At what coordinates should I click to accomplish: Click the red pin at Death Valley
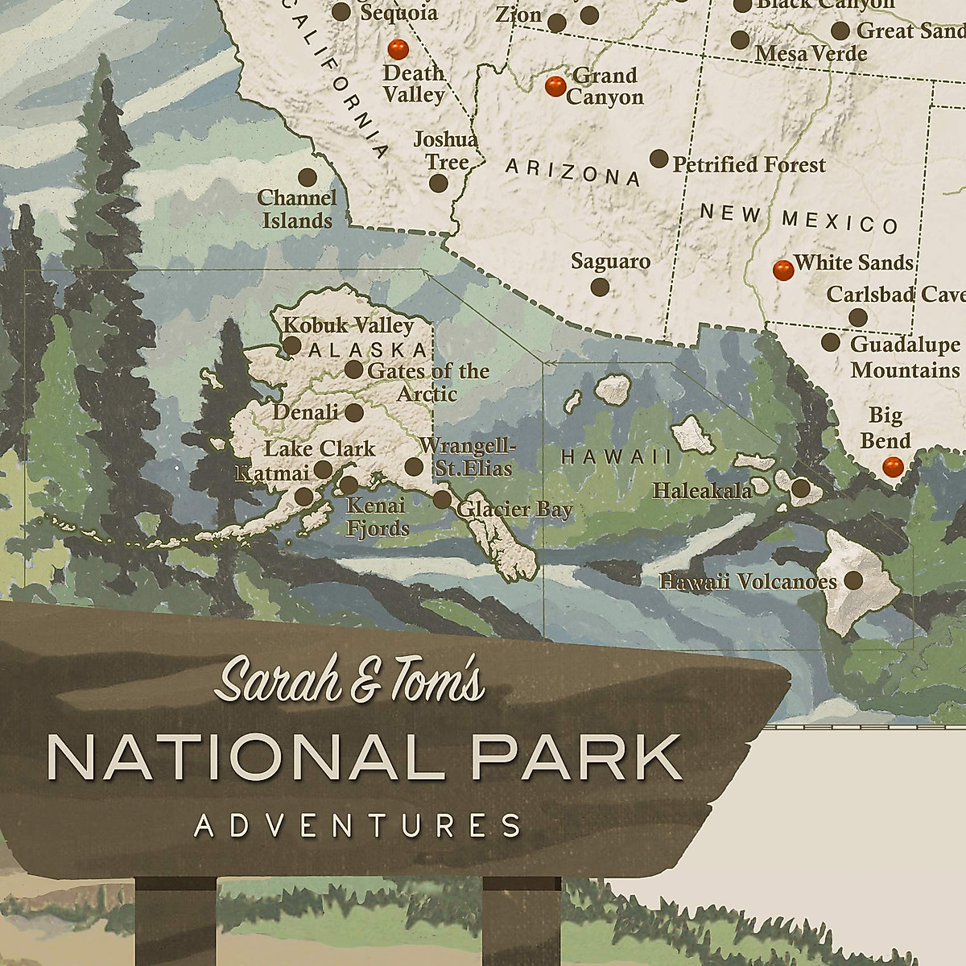pos(396,50)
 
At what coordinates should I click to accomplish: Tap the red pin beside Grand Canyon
pos(555,85)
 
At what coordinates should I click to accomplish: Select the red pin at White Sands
pos(781,270)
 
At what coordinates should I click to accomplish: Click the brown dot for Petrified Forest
pos(658,159)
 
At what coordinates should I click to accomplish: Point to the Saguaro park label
pos(610,261)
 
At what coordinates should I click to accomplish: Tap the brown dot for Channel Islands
pos(306,176)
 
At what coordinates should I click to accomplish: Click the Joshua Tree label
pos(445,151)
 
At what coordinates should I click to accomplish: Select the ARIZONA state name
pos(572,171)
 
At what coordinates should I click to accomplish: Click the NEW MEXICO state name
pos(799,218)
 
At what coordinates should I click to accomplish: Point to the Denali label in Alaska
pos(305,413)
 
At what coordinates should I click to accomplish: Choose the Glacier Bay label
pos(514,510)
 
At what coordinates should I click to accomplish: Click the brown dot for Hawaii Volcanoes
pos(852,580)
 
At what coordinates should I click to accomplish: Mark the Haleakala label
pos(703,489)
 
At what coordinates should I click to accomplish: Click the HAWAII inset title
pos(616,456)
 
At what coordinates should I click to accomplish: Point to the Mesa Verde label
pos(811,54)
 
